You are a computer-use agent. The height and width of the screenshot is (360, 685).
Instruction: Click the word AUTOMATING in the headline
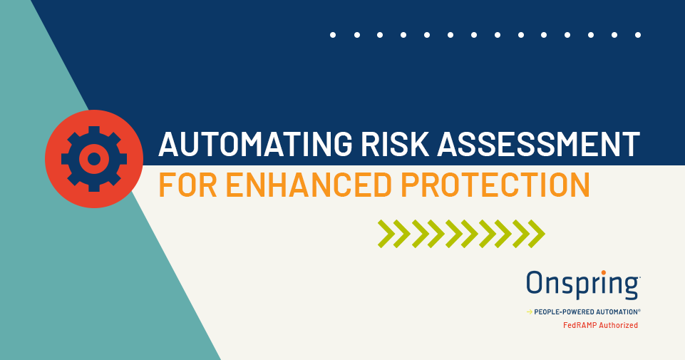pos(255,144)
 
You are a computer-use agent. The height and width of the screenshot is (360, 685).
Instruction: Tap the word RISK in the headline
pos(396,144)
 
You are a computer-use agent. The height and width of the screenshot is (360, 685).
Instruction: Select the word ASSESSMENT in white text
pos(538,144)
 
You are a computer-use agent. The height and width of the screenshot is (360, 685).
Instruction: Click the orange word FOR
pos(188,185)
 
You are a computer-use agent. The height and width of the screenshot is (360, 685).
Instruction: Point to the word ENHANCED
pos(309,185)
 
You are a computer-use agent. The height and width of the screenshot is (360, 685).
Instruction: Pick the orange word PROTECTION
pos(495,185)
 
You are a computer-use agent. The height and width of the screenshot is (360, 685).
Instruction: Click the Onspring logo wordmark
pos(583,285)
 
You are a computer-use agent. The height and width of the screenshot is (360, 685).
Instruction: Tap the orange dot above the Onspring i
pos(603,272)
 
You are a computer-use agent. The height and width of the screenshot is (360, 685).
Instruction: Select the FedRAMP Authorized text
pos(600,325)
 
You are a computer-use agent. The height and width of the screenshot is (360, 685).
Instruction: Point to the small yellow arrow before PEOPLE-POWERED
pos(530,312)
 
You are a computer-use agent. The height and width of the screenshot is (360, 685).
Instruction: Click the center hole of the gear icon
pos(94,159)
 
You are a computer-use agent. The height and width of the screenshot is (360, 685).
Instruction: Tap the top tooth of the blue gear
pos(94,130)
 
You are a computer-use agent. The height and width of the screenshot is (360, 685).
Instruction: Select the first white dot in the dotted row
pos(333,35)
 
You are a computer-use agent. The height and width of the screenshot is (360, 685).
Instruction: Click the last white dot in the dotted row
pos(638,35)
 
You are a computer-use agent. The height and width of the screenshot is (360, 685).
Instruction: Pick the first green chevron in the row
pos(386,234)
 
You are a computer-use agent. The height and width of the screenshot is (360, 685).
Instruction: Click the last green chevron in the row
pos(537,234)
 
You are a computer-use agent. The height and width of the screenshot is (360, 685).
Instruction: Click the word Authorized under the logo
pos(619,325)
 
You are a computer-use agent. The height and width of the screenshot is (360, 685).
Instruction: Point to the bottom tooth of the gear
pos(94,188)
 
